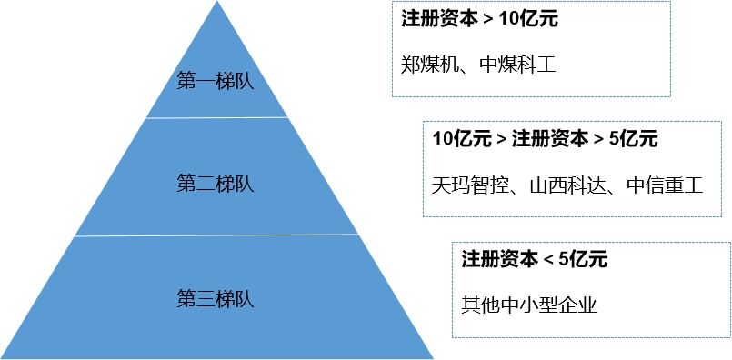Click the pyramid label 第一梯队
[x=216, y=80]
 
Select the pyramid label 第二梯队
[x=216, y=183]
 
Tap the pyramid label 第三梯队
[x=216, y=297]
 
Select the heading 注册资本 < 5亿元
[x=534, y=259]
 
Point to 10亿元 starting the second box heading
[x=460, y=140]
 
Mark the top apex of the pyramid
[x=216, y=2]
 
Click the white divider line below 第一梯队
[x=216, y=117]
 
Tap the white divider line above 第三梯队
[x=216, y=235]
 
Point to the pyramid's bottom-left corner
[x=3, y=355]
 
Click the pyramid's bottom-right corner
[x=431, y=355]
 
